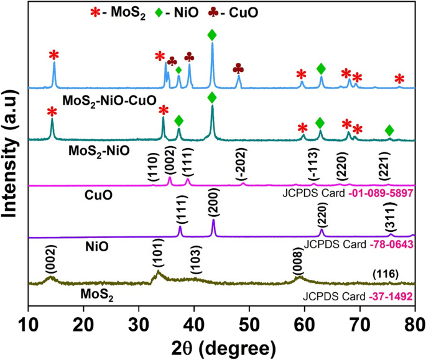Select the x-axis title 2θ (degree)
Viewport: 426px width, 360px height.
pyautogui.click(x=221, y=345)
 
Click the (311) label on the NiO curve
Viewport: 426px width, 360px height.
pyautogui.click(x=390, y=221)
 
